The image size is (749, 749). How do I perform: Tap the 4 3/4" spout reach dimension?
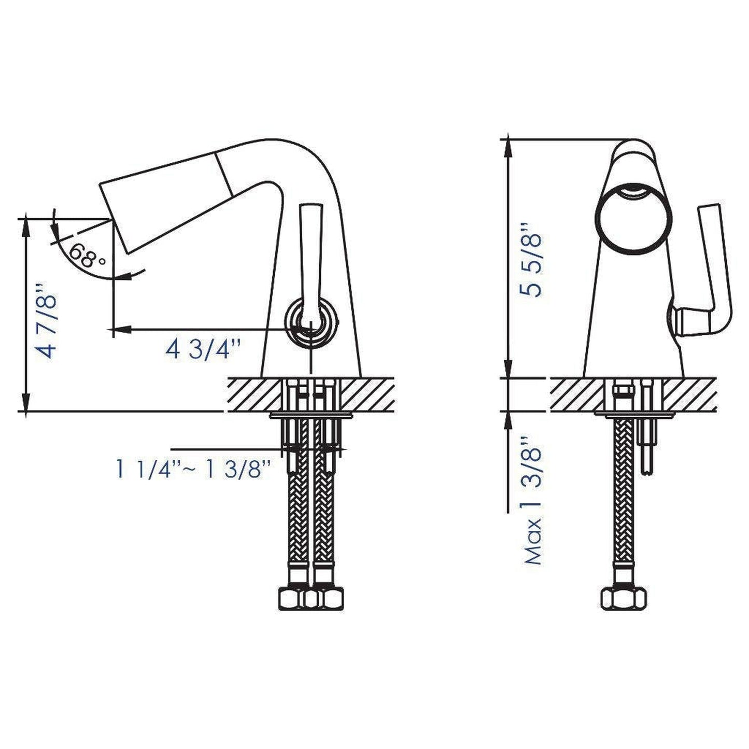204,349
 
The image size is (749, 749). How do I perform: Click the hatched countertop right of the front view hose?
689,394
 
